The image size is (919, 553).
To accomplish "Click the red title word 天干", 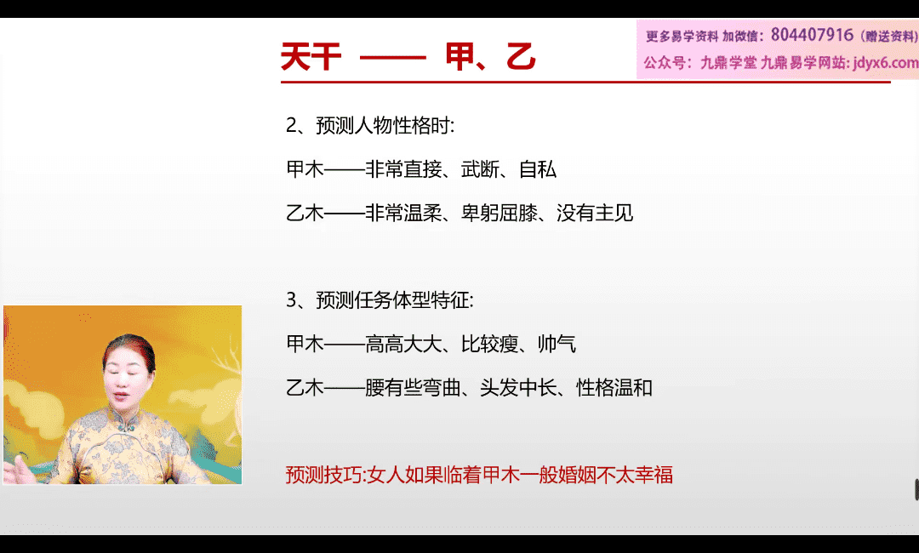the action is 311,57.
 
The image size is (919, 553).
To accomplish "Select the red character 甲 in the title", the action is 459,57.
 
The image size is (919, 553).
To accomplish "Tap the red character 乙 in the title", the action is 521,57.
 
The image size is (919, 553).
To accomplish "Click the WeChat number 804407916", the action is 812,35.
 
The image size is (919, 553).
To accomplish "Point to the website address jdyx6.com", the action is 886,62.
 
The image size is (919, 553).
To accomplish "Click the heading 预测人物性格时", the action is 383,125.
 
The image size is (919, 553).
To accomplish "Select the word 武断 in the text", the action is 480,169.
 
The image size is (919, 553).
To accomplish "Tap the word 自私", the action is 538,169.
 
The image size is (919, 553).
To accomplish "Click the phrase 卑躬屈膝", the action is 499,213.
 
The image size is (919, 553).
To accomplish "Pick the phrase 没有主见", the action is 595,213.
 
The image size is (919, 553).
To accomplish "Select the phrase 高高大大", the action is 403,344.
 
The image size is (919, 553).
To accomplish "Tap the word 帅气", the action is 557,344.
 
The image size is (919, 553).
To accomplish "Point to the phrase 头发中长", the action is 518,387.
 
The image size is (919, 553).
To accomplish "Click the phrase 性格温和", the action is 614,387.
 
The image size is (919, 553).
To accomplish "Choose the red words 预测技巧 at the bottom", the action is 323,475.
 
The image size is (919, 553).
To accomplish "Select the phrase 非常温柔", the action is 403,213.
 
